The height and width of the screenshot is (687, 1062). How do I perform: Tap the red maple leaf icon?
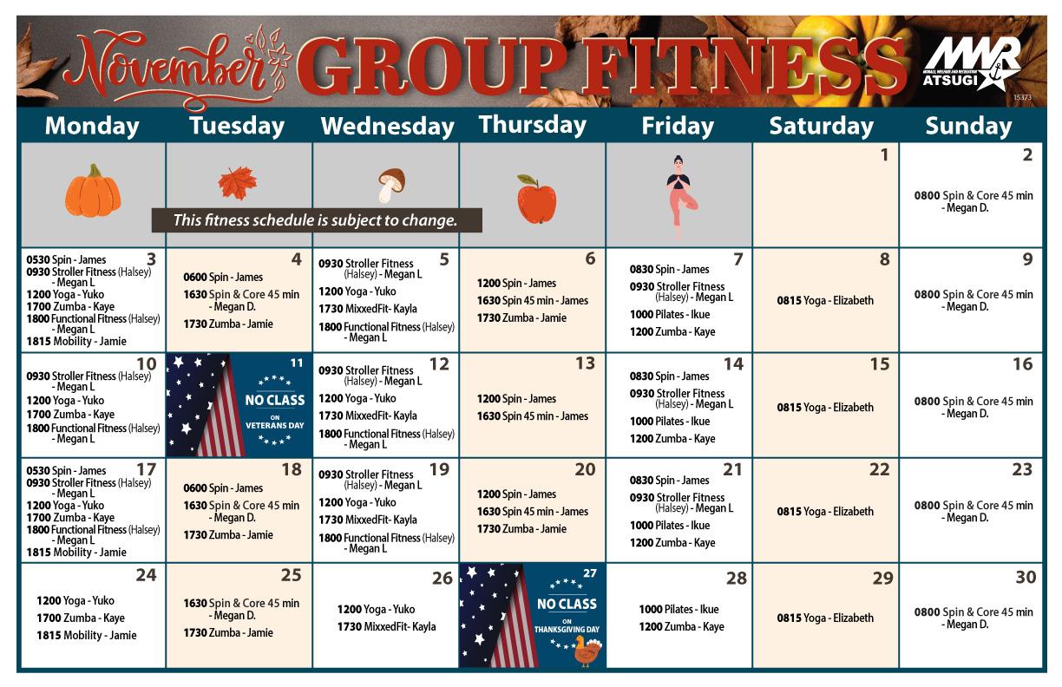click(237, 184)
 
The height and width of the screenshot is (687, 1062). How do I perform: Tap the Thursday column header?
click(532, 125)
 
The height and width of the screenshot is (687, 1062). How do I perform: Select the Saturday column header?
click(821, 127)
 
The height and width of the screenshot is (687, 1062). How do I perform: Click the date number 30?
click(1025, 578)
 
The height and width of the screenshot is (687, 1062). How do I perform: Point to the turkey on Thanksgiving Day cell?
click(587, 651)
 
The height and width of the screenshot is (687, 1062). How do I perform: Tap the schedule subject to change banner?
click(316, 220)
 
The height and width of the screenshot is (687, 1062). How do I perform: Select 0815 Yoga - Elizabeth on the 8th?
click(825, 301)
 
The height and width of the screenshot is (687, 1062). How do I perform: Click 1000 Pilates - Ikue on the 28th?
click(678, 609)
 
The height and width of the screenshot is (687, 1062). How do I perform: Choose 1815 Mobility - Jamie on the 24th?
click(87, 635)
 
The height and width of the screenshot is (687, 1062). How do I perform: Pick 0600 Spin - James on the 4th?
click(223, 277)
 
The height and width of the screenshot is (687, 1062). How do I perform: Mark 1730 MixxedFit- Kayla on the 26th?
click(386, 626)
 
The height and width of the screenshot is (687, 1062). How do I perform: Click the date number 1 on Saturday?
click(884, 156)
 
